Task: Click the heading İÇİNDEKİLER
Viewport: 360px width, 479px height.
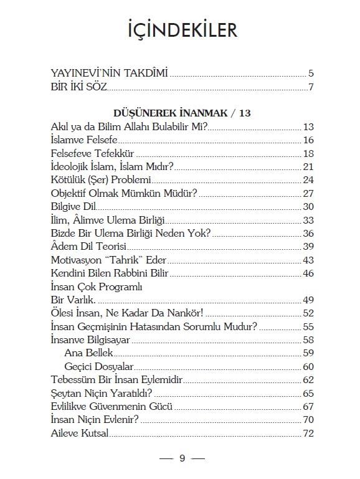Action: tap(180, 29)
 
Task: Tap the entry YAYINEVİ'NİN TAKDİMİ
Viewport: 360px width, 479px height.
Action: tap(109, 73)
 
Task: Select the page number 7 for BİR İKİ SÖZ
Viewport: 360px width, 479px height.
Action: tap(310, 86)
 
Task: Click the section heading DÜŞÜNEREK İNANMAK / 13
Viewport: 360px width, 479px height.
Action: tap(183, 113)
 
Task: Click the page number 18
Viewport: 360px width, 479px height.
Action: tap(308, 153)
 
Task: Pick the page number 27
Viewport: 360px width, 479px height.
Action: tap(308, 193)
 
